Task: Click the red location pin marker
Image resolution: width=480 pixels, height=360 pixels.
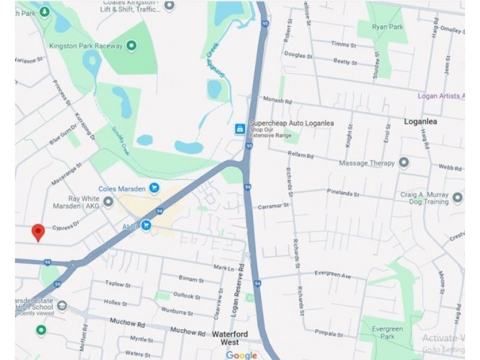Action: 38,232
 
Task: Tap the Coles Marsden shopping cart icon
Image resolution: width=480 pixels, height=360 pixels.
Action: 154,188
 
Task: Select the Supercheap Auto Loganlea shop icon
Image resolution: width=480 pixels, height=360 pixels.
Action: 239,128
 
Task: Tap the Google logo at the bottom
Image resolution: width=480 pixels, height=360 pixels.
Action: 241,355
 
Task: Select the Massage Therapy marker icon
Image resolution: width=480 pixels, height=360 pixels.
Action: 404,163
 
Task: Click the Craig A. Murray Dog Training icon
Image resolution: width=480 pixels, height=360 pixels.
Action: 457,197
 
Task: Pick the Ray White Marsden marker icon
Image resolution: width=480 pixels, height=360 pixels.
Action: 108,202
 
